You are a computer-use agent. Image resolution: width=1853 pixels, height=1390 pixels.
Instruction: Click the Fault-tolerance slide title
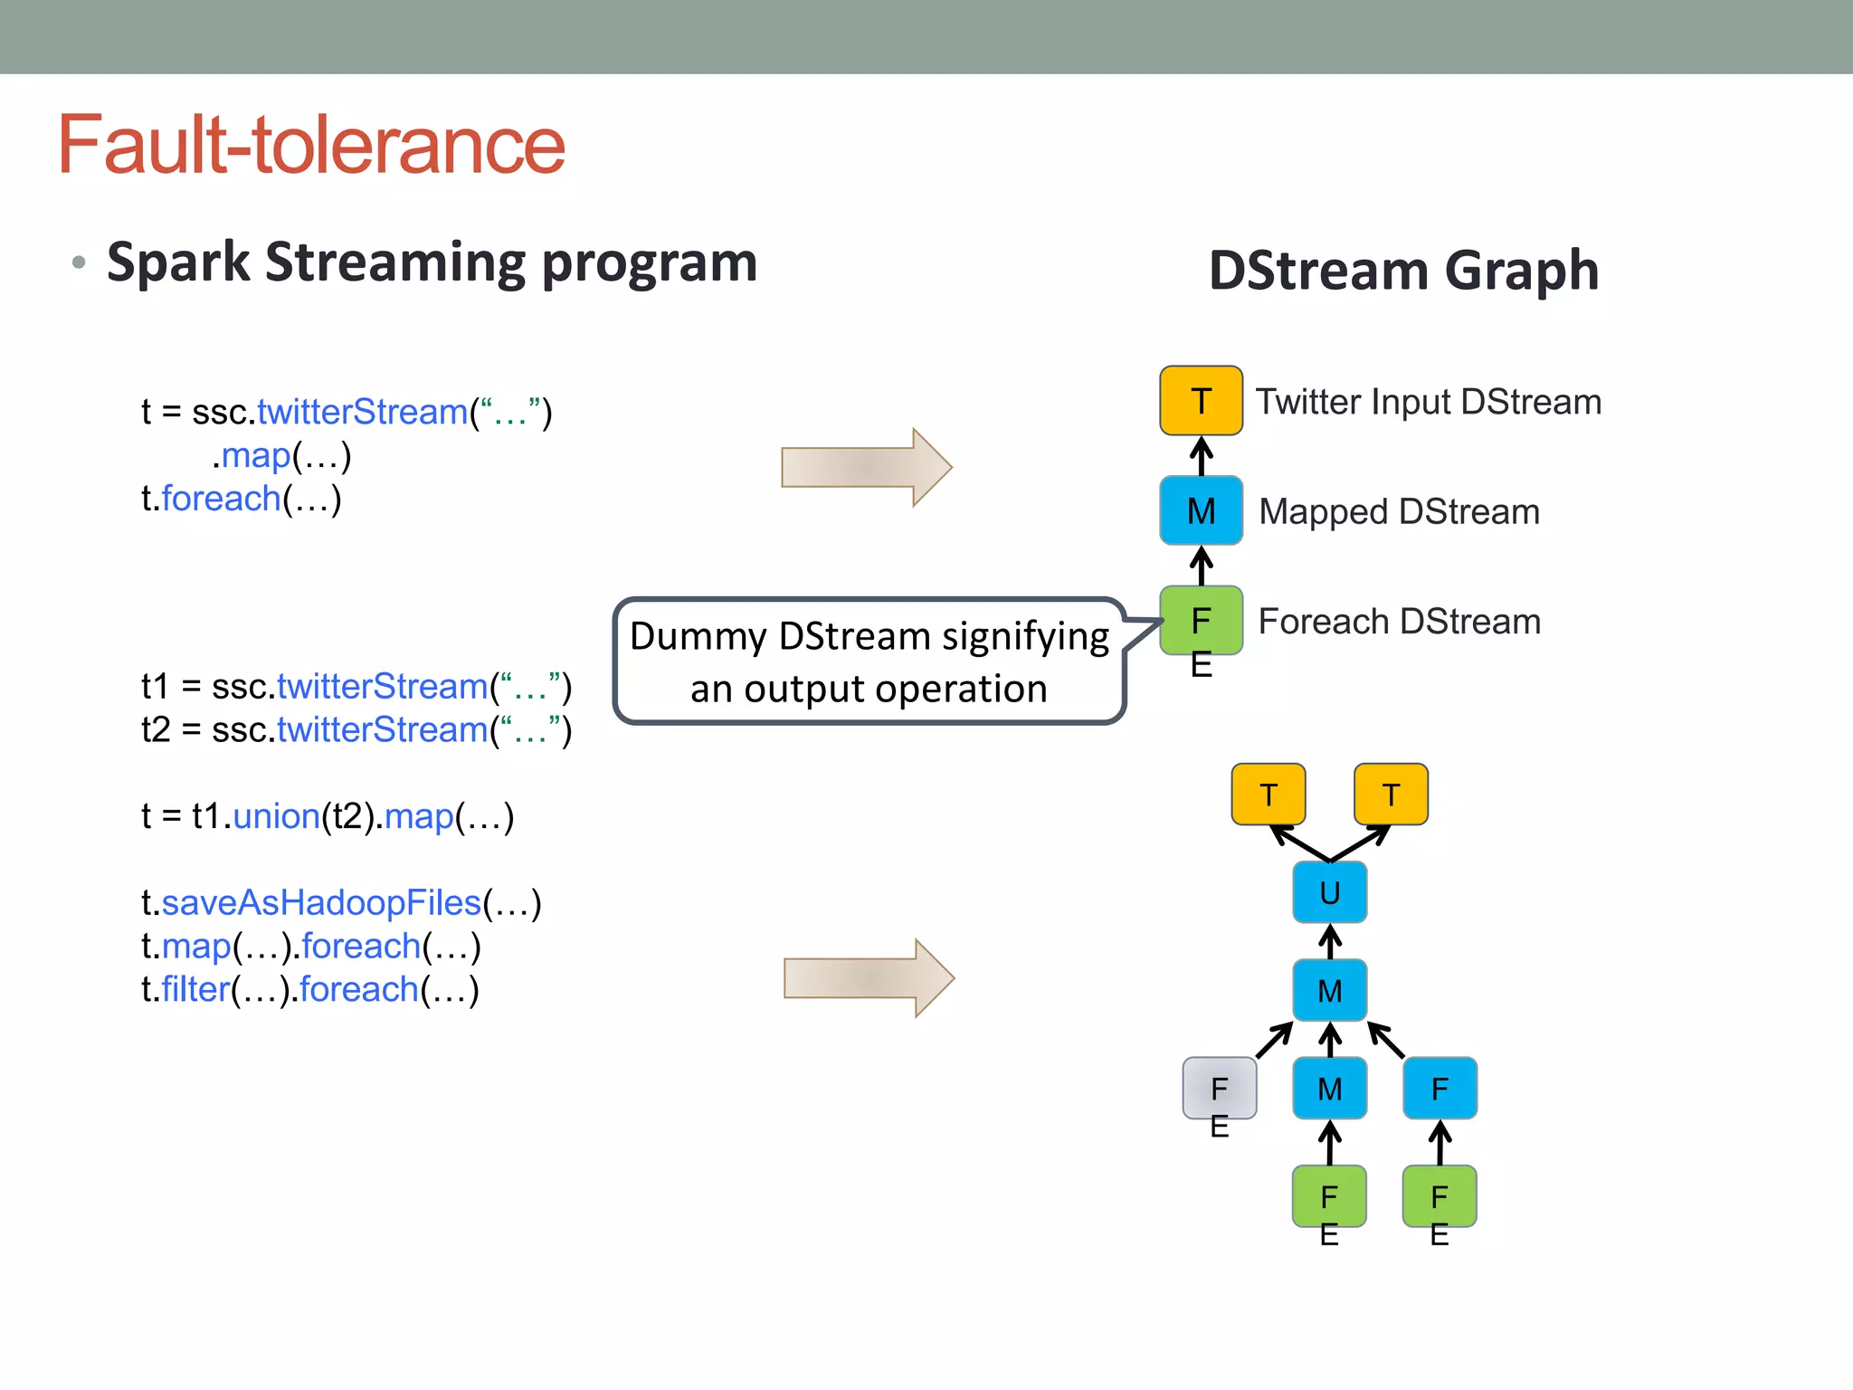point(311,146)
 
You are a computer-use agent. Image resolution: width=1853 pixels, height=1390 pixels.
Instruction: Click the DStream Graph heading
point(1403,271)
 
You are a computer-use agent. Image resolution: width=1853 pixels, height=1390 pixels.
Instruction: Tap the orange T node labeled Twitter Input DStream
point(1201,401)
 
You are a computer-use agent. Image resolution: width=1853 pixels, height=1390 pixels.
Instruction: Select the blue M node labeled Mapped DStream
point(1201,510)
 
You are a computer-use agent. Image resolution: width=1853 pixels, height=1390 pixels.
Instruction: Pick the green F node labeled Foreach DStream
point(1201,621)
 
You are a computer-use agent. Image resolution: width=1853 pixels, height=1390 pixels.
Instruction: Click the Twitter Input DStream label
point(1428,402)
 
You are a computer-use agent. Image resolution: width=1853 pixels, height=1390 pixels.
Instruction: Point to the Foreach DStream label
point(1399,622)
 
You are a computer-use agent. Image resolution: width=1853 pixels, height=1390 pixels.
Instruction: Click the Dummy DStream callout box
point(869,662)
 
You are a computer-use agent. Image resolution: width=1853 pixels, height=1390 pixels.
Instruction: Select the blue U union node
point(1329,892)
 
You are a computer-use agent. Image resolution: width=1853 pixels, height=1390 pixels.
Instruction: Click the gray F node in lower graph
point(1219,1088)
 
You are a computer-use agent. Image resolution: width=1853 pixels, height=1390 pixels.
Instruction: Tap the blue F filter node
point(1440,1088)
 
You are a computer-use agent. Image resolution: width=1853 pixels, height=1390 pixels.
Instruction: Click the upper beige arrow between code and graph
point(866,467)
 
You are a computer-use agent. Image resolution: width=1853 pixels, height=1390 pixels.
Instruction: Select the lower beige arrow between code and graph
point(869,978)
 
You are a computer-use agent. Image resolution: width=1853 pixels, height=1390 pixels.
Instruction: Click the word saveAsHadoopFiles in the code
point(321,903)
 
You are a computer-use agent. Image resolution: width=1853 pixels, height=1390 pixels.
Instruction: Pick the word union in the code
point(276,816)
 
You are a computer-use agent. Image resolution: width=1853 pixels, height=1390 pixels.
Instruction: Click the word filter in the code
point(195,990)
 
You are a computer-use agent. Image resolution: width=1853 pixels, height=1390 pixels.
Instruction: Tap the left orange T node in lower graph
point(1268,795)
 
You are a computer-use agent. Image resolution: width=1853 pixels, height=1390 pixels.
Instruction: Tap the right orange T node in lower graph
point(1391,795)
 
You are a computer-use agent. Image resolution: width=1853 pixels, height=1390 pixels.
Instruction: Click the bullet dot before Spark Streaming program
point(79,263)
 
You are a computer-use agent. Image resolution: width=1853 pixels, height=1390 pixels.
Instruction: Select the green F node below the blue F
point(1440,1196)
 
